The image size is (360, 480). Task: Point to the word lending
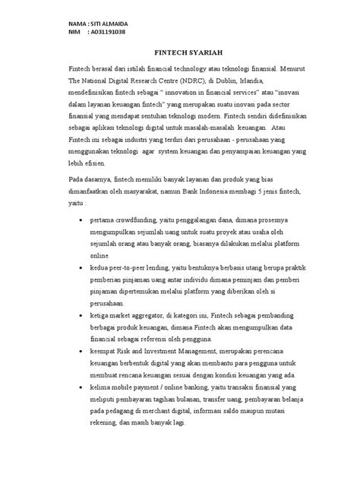[167, 268]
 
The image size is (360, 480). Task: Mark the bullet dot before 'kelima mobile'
[82, 385]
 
